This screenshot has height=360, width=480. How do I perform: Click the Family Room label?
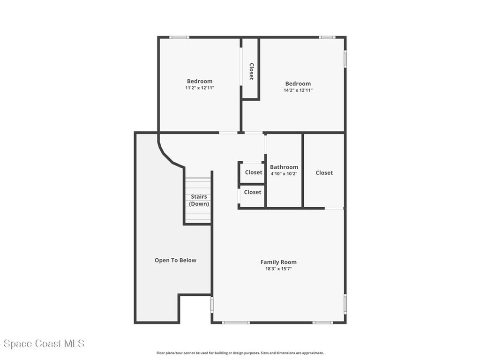coord(278,262)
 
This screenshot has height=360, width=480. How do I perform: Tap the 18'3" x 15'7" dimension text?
coord(278,269)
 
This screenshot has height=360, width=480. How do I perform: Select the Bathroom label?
coord(284,167)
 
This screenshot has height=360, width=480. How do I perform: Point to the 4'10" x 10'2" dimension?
coord(284,173)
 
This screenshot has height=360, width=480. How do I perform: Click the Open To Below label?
coord(175,260)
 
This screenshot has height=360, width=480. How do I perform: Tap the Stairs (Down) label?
coord(199,200)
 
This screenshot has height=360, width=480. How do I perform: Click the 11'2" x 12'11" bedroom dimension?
coord(200,88)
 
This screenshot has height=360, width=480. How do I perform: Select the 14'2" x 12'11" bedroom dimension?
coord(298,90)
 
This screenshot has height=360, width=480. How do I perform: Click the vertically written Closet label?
coord(251,72)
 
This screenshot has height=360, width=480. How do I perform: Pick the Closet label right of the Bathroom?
coord(324,172)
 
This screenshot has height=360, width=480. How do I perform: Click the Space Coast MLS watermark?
coord(43,344)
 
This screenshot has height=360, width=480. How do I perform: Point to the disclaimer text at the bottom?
coord(240,353)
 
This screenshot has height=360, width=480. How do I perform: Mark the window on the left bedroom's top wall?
coord(180,37)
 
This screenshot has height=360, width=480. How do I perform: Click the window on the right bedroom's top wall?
coord(327,37)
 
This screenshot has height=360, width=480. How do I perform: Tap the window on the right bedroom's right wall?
coord(345,59)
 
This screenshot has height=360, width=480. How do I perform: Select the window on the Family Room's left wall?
coord(211,305)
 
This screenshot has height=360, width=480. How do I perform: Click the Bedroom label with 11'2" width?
coord(200,81)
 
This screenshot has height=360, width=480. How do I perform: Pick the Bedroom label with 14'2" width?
coord(298,83)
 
